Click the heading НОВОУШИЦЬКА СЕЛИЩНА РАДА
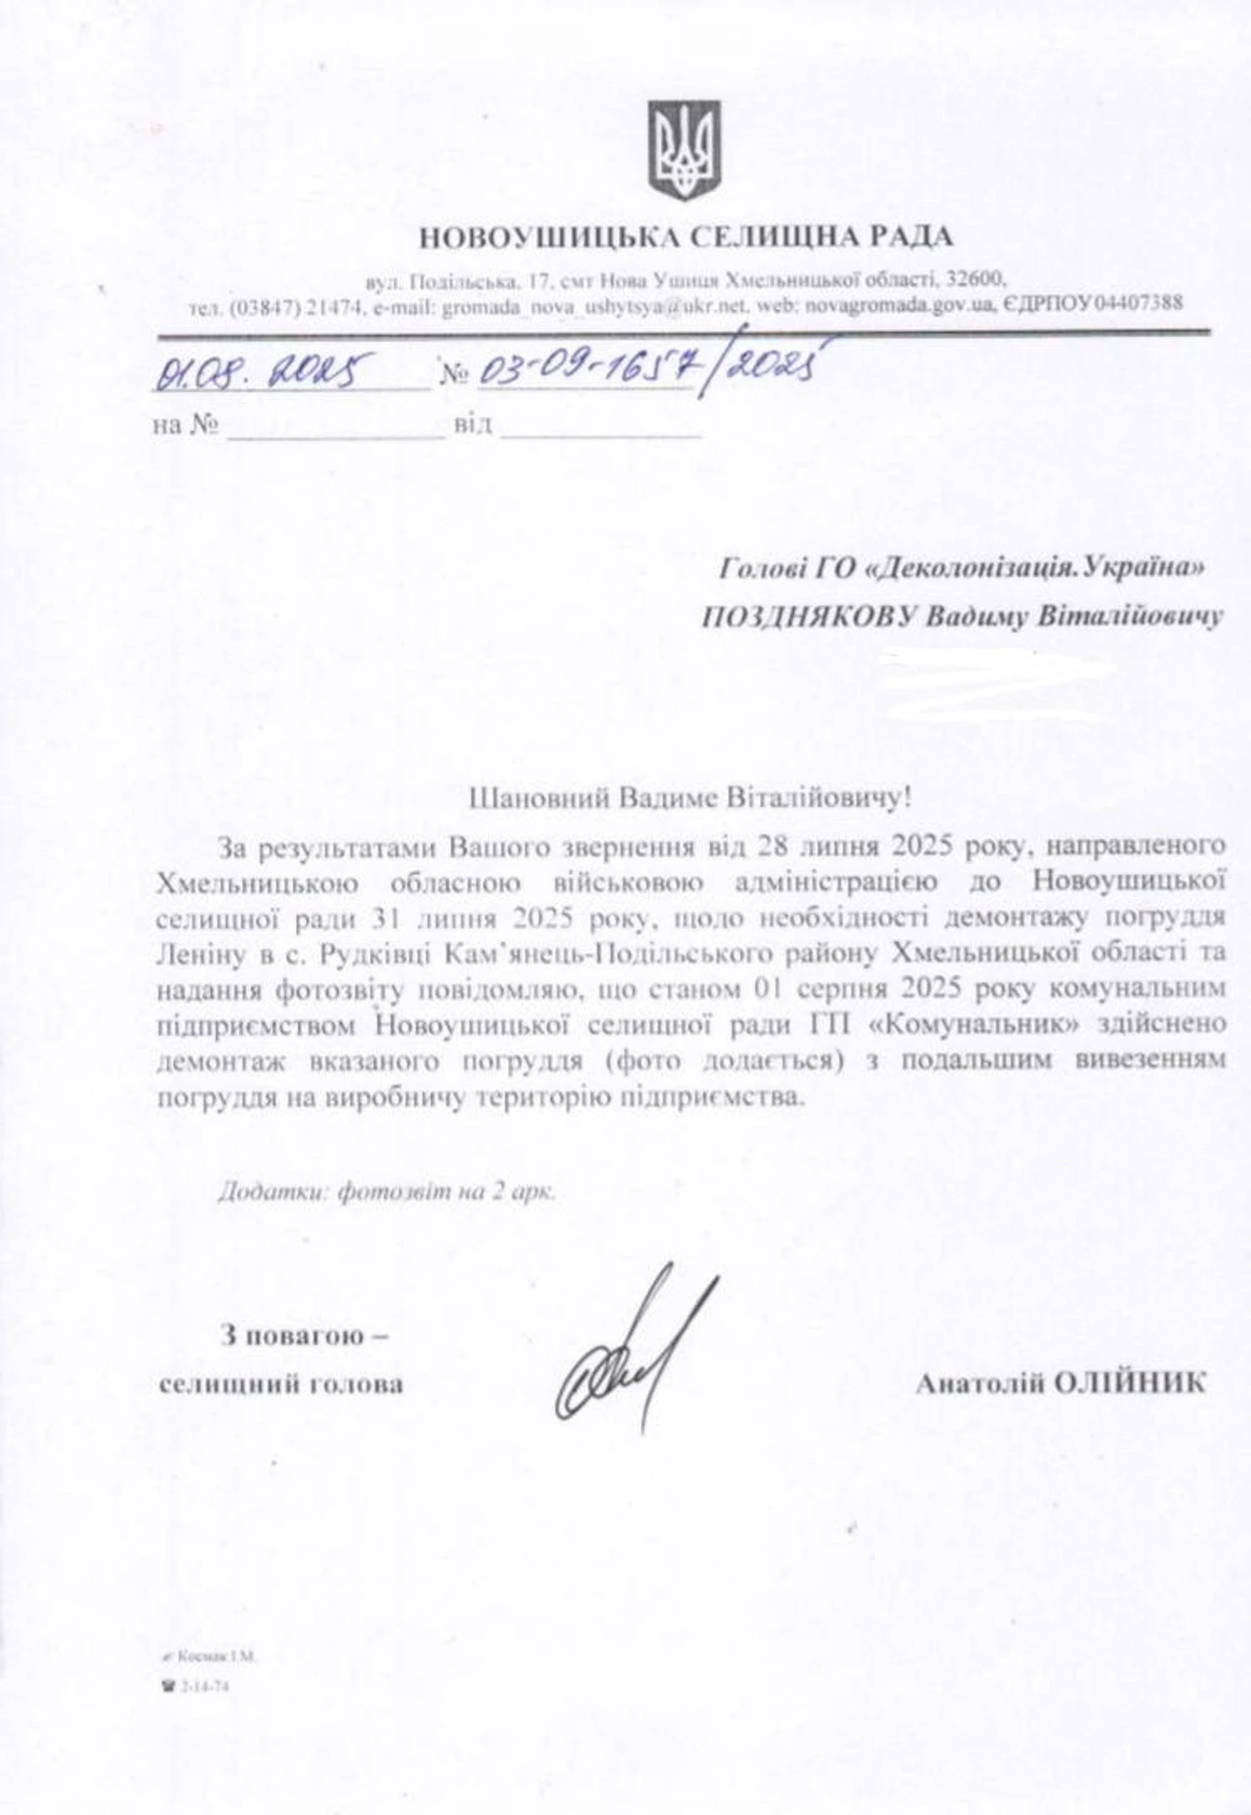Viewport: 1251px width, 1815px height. [685, 238]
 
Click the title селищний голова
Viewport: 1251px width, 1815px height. [281, 1384]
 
